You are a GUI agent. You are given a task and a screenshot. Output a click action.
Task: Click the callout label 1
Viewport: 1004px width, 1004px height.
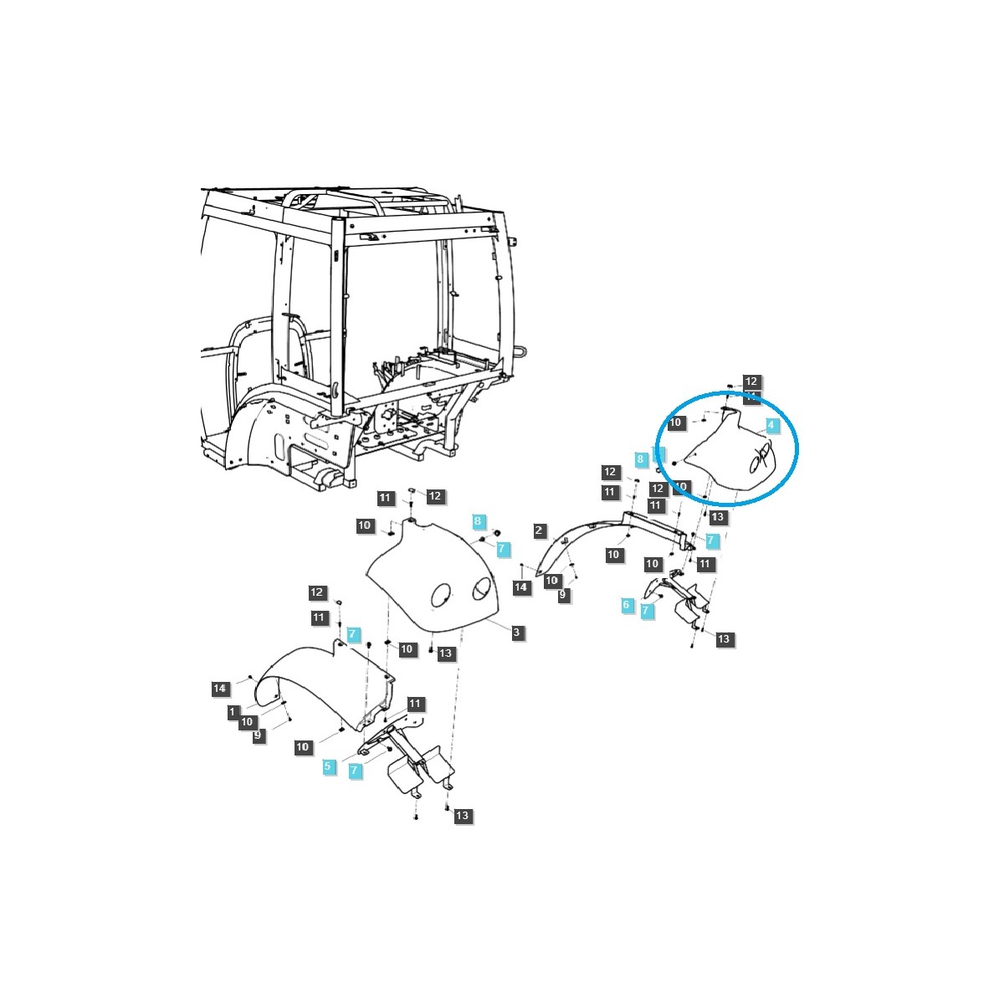coord(233,711)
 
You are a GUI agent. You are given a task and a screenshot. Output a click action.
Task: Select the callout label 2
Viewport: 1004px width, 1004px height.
coord(540,530)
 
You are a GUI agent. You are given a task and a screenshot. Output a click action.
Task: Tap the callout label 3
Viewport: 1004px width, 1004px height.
coord(517,633)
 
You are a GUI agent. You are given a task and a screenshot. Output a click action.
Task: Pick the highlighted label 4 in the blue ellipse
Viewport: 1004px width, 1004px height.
coord(771,426)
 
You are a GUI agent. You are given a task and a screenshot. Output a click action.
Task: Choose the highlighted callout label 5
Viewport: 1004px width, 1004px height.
coord(328,766)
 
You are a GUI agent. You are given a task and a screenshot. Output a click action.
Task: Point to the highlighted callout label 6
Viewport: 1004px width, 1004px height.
coord(626,604)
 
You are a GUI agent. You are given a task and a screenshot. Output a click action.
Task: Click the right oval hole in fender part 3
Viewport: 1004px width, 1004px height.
coord(483,589)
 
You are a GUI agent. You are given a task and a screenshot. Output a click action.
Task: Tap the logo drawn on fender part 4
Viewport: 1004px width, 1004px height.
coord(759,458)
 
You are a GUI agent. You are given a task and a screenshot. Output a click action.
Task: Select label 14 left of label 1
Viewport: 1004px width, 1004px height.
coord(219,688)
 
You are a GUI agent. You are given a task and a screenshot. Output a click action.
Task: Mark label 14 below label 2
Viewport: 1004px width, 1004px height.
coord(521,588)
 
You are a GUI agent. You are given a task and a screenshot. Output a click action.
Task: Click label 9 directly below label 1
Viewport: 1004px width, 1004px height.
coord(258,735)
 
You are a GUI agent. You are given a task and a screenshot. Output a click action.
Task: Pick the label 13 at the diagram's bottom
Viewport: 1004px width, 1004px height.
coord(463,816)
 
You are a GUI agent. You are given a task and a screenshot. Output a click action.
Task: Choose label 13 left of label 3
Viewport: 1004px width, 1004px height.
coord(445,653)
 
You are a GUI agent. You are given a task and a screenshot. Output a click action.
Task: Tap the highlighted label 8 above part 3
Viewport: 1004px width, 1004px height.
coord(478,521)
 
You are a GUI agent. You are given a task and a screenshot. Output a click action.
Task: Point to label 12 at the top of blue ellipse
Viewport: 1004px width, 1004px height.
coord(750,382)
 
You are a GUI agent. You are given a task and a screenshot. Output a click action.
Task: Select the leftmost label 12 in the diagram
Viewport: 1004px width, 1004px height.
coord(316,592)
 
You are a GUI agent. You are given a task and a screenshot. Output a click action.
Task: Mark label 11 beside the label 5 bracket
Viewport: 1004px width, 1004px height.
coord(415,704)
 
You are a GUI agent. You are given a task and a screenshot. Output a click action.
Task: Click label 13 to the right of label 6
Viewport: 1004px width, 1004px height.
coord(724,639)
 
